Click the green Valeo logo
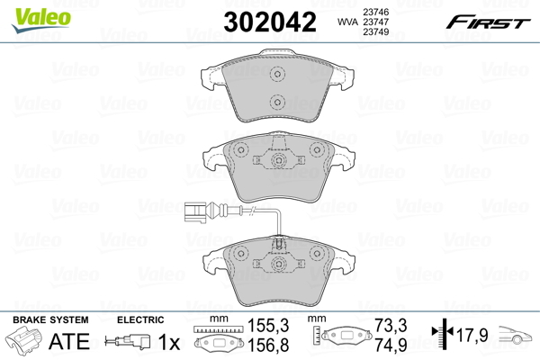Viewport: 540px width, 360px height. click(41, 20)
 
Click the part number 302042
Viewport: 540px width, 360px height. click(270, 22)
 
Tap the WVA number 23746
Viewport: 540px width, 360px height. click(376, 12)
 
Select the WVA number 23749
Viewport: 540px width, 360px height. click(376, 31)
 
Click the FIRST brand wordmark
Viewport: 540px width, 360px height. click(488, 22)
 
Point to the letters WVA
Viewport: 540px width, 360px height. click(347, 22)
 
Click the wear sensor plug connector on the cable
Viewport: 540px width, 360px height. click(195, 211)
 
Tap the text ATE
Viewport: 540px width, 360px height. click(69, 341)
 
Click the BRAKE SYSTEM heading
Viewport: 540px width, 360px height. click(50, 319)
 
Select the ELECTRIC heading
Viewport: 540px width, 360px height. click(140, 319)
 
